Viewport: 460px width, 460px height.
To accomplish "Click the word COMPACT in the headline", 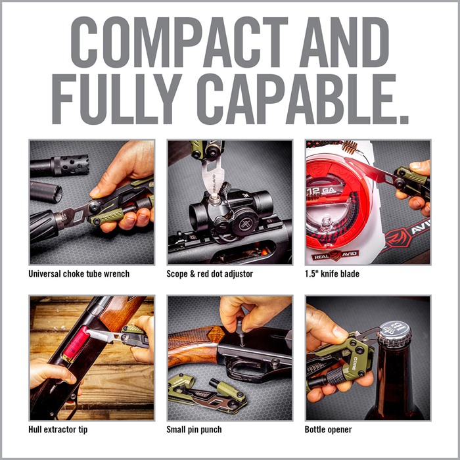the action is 179,42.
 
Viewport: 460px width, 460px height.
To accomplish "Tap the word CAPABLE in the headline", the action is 302,99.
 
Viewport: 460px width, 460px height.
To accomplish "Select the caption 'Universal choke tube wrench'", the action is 79,274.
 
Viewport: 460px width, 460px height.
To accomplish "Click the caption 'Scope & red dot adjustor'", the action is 210,274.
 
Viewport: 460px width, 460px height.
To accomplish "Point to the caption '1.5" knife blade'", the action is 332,274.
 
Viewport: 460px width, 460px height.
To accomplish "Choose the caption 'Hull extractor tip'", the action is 58,430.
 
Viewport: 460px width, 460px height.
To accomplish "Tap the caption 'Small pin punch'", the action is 194,430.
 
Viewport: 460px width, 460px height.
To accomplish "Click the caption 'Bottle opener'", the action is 329,430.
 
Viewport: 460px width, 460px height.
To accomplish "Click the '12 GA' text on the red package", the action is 323,191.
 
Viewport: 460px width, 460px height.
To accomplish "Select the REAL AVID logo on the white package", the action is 335,256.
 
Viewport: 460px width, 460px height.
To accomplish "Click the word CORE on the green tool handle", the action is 355,363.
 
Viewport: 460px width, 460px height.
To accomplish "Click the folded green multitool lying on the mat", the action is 207,394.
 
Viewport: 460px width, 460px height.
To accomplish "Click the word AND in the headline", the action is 344,42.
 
